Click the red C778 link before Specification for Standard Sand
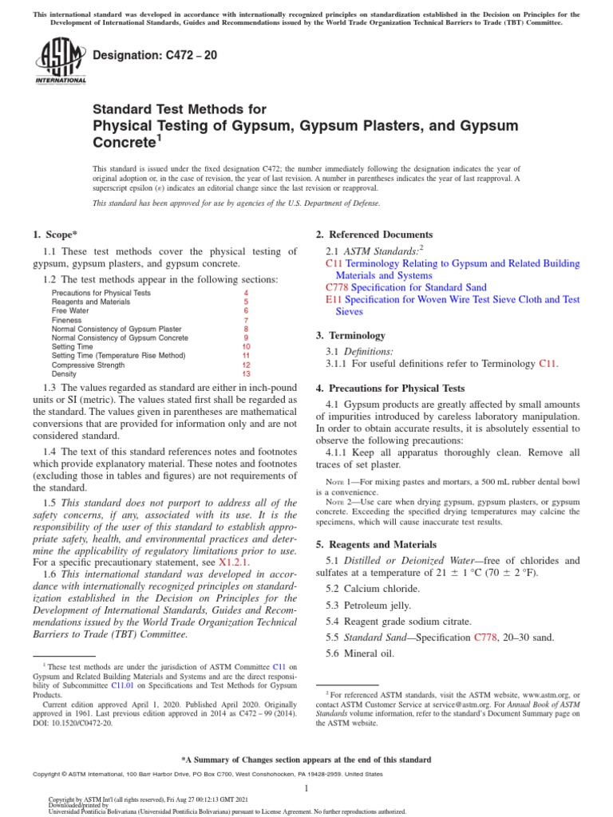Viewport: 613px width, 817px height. point(337,287)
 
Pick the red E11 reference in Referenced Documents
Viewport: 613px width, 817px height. point(333,300)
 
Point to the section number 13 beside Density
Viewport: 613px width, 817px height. point(246,373)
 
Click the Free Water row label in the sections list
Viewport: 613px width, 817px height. point(71,311)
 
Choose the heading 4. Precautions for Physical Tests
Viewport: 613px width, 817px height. point(390,389)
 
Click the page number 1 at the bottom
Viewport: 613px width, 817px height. point(306,788)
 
